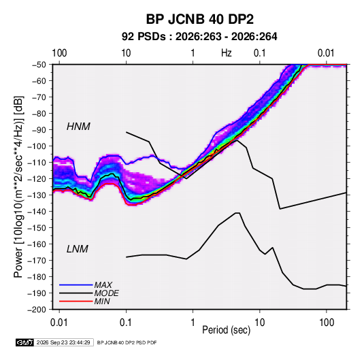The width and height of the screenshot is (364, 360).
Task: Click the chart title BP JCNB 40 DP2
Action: (199, 19)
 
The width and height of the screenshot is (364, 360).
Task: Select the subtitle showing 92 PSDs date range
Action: (199, 37)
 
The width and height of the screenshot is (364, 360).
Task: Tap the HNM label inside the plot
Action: (78, 127)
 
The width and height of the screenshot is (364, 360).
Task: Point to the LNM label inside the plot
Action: (78, 249)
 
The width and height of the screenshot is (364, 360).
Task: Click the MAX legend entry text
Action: (103, 284)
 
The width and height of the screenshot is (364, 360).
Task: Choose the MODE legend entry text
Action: (107, 293)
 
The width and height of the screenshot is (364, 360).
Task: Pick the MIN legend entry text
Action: (102, 301)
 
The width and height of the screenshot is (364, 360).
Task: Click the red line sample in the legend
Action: (76, 301)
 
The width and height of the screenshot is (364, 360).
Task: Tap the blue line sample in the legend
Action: (76, 284)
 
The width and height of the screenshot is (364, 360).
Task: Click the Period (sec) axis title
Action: (227, 330)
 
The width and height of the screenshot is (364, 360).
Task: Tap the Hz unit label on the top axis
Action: (227, 53)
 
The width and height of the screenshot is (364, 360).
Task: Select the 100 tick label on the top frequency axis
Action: (59, 53)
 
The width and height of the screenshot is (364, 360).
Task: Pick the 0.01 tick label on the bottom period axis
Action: (59, 323)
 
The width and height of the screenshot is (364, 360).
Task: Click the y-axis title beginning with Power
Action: (18, 187)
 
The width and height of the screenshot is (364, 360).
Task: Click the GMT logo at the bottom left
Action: (25, 342)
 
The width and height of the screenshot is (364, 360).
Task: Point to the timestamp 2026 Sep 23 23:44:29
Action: (63, 342)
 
